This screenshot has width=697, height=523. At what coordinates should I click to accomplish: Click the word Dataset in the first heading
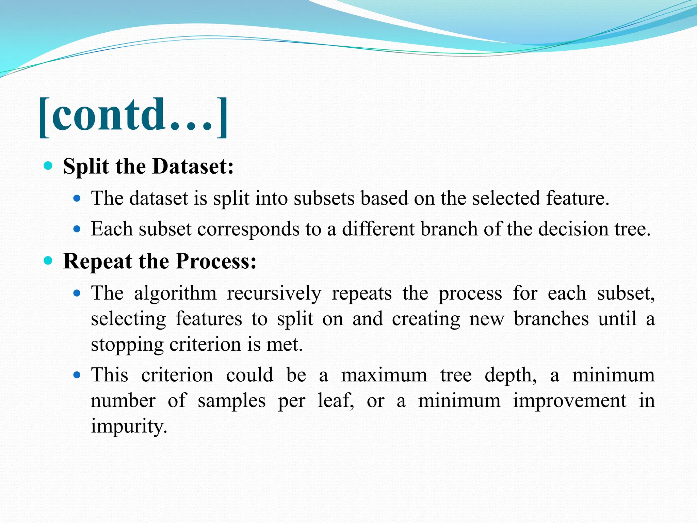tap(193, 167)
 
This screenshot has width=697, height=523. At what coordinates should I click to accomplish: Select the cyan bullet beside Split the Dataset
tap(48, 166)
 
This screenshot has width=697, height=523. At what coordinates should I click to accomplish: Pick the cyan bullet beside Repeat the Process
tap(48, 261)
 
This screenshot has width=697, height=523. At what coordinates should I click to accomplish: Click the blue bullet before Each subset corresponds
tap(77, 229)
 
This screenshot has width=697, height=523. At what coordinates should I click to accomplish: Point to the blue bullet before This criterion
tap(77, 375)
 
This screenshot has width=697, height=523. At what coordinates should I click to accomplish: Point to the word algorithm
tap(175, 293)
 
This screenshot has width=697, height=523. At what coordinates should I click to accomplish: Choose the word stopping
tap(127, 345)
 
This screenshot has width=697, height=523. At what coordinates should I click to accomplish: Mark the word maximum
tap(384, 375)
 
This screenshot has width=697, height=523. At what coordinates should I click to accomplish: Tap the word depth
tap(510, 376)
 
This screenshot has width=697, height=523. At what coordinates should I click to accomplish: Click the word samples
tap(231, 401)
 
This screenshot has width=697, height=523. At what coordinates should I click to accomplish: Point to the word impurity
tap(129, 427)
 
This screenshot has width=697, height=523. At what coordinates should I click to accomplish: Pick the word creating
tap(426, 319)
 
